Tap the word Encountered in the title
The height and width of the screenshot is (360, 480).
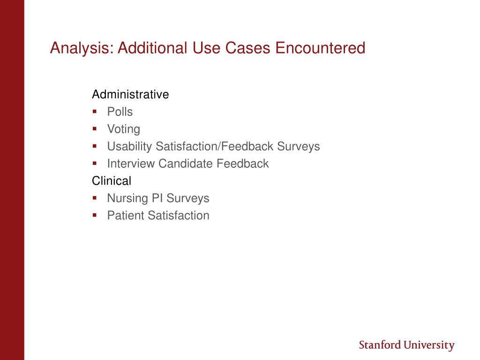320,48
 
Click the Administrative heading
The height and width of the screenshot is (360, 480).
130,94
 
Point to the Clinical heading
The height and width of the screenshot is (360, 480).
112,180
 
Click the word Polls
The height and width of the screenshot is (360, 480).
120,112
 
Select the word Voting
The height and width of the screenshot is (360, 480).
124,129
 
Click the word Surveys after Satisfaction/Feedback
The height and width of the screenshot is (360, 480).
299,146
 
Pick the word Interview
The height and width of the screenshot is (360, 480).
131,164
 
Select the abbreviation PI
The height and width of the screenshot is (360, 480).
157,198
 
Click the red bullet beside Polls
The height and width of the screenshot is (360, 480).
95,112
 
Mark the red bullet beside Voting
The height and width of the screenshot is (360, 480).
95,129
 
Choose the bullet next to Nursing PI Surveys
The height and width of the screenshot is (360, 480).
95,198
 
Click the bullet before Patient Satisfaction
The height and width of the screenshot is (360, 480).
95,215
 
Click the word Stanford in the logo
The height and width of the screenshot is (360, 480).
380,345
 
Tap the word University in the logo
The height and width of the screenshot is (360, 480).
429,345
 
